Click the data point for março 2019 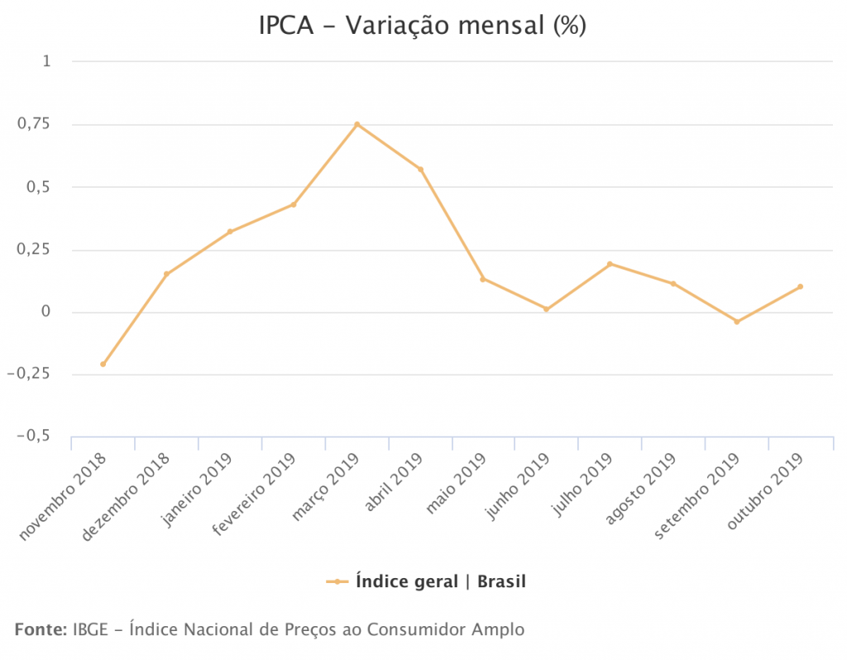click(357, 124)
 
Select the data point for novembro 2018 click(103, 364)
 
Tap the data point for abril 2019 click(420, 170)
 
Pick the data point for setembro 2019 click(737, 322)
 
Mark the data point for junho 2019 click(547, 309)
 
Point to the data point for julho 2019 click(610, 264)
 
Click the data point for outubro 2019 click(801, 286)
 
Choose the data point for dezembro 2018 click(166, 274)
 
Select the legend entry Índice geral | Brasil click(440, 581)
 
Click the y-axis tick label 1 click(46, 61)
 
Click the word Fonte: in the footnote click(41, 629)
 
